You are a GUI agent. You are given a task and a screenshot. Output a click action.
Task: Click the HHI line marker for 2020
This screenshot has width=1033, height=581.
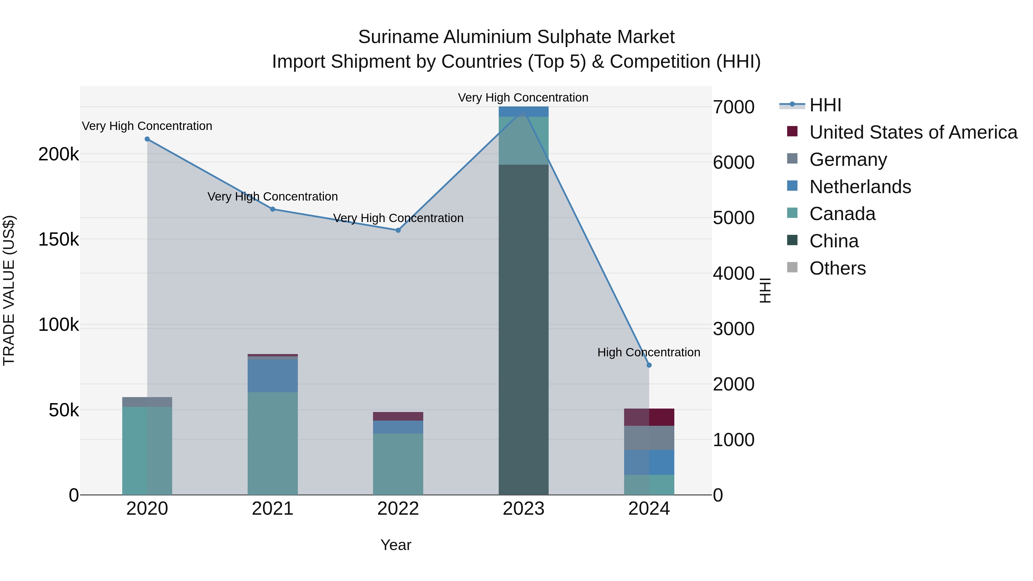(147, 139)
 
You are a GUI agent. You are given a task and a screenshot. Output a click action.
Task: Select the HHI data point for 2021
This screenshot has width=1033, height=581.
(273, 209)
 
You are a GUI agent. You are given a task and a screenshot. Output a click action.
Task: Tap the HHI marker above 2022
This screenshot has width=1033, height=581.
(398, 230)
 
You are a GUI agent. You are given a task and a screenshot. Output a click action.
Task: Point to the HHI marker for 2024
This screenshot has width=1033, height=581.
(649, 365)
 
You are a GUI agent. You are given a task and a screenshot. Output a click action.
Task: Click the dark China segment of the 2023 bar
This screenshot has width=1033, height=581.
(523, 329)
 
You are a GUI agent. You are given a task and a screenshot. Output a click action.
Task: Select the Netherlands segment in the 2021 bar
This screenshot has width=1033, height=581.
(273, 376)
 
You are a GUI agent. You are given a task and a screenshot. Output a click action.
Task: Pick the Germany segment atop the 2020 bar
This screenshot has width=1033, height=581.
(147, 402)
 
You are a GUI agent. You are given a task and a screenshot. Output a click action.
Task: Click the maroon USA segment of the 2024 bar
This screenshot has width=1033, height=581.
(649, 417)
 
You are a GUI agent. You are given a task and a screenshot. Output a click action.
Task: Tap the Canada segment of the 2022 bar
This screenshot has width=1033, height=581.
(398, 464)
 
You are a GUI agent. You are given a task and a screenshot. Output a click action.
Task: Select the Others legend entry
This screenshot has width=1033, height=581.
(837, 268)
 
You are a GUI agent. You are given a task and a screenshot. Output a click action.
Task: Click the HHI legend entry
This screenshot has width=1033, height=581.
(825, 105)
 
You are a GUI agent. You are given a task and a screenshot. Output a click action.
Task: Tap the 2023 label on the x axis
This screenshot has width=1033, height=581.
(523, 509)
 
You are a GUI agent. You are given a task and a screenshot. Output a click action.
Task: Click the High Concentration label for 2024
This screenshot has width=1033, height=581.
(648, 352)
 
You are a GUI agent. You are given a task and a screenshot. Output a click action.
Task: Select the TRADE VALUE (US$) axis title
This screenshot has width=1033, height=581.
(9, 290)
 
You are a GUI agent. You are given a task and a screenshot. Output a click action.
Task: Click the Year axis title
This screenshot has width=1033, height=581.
(396, 545)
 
